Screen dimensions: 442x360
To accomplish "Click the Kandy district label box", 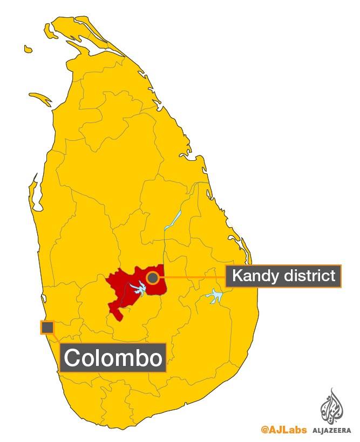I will [283, 276].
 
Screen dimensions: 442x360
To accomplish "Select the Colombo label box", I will [113, 357].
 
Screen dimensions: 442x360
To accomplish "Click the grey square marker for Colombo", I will [47, 327].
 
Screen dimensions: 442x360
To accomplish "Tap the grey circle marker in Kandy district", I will [153, 277].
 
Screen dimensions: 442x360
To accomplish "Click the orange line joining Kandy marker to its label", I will [192, 277].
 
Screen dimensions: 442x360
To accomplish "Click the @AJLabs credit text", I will [283, 430].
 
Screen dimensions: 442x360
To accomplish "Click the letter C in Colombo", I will [73, 357].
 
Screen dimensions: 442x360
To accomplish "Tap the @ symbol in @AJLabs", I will [264, 430].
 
